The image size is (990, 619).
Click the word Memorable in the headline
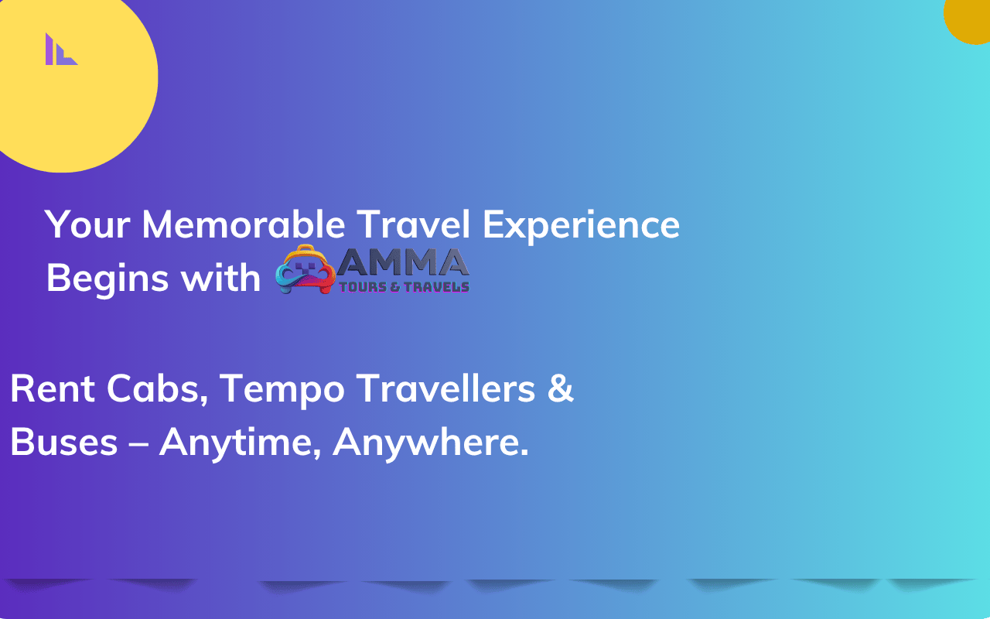tap(243, 224)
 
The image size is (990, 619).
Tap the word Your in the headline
tap(87, 224)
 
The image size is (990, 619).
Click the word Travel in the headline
tap(413, 224)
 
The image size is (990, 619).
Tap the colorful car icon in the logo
tap(306, 269)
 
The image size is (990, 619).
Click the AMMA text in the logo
tap(403, 262)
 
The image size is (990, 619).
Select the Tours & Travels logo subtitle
tap(404, 287)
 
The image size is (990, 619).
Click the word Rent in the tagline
tap(53, 388)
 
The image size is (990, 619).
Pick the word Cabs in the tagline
tap(157, 388)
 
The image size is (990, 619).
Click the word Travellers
tap(446, 388)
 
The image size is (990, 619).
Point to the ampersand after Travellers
tap(561, 388)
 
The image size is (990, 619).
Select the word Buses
tap(64, 442)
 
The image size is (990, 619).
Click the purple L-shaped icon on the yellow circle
tap(61, 50)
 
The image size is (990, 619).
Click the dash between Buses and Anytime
tap(138, 443)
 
